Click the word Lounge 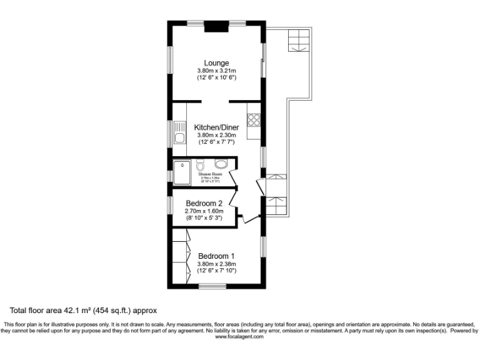(216, 62)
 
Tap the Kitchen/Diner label (216, 126)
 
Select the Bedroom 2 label (204, 203)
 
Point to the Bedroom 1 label (216, 256)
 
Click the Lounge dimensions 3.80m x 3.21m (216, 71)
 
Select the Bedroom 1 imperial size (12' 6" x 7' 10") (216, 271)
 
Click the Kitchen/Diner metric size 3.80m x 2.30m (216, 134)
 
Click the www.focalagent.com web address (239, 336)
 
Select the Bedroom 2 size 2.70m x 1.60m (204, 211)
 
